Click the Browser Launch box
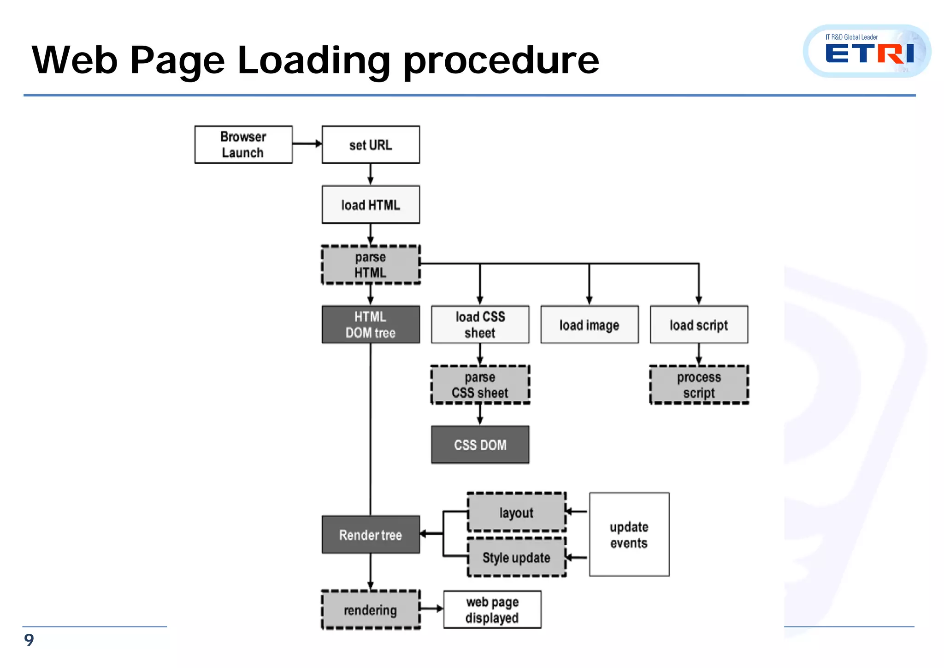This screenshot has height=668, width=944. [243, 144]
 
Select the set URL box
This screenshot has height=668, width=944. [371, 144]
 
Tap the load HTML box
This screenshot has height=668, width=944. [371, 204]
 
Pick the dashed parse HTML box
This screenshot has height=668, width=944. [371, 265]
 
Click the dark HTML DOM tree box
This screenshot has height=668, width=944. [371, 324]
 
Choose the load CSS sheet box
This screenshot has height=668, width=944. [480, 324]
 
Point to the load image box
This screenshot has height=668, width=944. [589, 324]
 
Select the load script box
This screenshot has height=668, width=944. [699, 324]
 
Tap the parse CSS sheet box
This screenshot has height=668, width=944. [480, 385]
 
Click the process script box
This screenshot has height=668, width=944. [699, 385]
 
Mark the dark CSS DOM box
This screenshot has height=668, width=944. [480, 445]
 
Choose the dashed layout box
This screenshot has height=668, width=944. [516, 512]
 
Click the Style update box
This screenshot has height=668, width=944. [516, 557]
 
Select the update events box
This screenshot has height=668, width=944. [629, 534]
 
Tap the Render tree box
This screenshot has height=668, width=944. [371, 535]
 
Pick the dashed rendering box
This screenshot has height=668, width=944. [371, 610]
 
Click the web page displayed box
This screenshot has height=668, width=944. [492, 609]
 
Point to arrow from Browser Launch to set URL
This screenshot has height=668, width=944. [307, 143]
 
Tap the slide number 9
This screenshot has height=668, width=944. [29, 640]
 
